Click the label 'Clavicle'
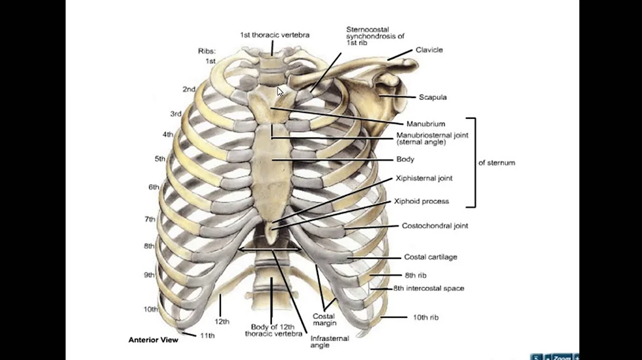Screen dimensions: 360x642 coord(429,50)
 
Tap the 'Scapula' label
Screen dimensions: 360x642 coord(433,97)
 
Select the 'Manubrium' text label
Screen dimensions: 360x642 coord(425,124)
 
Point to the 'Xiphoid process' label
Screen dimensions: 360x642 coord(421,202)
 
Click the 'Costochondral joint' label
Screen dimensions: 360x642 coord(434,226)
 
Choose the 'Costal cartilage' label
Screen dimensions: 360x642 coord(430,257)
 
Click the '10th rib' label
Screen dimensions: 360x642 coord(426,317)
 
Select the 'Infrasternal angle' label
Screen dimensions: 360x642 coord(330,342)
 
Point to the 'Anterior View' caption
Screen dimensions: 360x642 coord(153,340)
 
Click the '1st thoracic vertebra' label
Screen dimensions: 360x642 coord(274,35)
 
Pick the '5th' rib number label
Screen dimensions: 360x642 coord(160,159)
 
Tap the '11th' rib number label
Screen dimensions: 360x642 coord(207,336)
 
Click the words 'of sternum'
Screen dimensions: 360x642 coord(496,163)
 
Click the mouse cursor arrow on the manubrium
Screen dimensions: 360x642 coord(280,91)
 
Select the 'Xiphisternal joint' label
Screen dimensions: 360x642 coord(424,179)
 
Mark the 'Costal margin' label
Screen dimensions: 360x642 coord(325,319)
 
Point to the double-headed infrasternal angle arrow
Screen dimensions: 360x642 coord(270,249)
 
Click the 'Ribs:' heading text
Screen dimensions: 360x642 coord(207,51)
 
